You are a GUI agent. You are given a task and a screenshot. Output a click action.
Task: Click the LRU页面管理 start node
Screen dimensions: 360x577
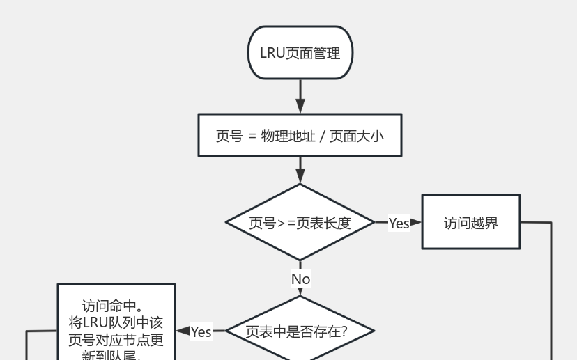[x=300, y=53]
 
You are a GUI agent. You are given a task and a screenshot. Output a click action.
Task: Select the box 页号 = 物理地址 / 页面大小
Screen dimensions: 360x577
[x=300, y=135]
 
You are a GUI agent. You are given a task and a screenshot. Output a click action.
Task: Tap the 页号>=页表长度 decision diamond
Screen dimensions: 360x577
[x=300, y=223]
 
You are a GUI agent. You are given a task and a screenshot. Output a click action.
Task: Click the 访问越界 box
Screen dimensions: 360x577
[x=471, y=223]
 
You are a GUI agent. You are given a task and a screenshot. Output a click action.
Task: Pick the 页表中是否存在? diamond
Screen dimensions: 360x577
[x=300, y=331]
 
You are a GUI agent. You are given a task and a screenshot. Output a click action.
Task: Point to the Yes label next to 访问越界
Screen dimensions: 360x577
[x=399, y=223]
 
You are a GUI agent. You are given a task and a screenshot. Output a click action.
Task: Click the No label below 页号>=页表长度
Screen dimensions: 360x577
[x=300, y=279]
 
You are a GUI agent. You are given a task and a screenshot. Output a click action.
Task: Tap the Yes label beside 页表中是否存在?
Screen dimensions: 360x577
[x=201, y=332]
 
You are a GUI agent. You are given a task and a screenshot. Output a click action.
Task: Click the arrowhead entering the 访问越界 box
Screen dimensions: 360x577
[x=417, y=223]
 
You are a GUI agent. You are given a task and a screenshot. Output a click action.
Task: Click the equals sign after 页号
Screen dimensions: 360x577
[x=252, y=136]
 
